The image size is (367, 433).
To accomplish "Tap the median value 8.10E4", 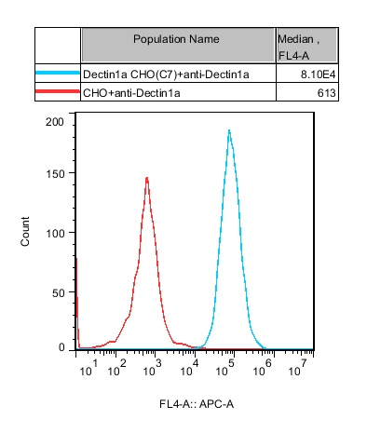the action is [x=318, y=74].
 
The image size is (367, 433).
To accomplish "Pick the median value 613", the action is [x=326, y=93].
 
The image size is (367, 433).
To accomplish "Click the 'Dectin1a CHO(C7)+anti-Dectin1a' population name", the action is [x=166, y=74].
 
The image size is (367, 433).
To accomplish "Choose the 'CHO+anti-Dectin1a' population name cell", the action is [x=131, y=93].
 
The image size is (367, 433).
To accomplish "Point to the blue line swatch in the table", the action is [x=58, y=73].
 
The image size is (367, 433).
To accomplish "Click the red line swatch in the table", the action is [x=58, y=91].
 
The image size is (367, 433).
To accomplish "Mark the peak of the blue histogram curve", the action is [x=229, y=129].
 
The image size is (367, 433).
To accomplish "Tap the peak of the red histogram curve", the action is [x=147, y=178].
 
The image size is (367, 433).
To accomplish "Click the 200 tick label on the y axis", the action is [x=55, y=122].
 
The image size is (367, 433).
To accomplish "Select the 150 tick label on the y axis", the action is [x=55, y=174].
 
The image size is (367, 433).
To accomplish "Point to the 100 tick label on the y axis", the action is [x=55, y=234].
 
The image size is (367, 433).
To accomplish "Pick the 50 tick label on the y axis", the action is [x=58, y=293].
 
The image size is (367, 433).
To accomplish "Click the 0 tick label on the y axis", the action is [x=61, y=348].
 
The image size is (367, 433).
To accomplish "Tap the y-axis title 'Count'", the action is [x=25, y=232].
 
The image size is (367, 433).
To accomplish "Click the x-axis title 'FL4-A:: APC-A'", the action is [x=197, y=404].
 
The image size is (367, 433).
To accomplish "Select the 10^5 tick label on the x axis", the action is [x=225, y=368].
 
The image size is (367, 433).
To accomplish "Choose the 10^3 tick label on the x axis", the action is [x=152, y=368].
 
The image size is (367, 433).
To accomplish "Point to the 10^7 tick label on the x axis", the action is [x=298, y=368].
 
